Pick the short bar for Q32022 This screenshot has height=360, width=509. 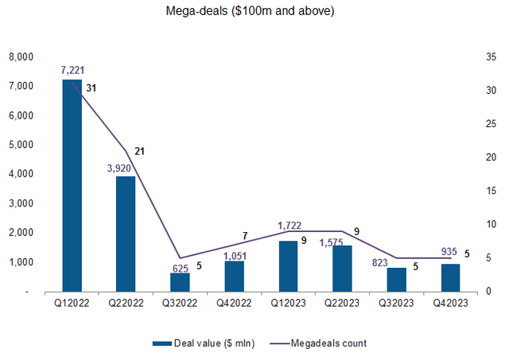tap(180, 282)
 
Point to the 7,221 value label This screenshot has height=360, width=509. tap(72, 71)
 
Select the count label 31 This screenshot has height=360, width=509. tap(91, 87)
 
